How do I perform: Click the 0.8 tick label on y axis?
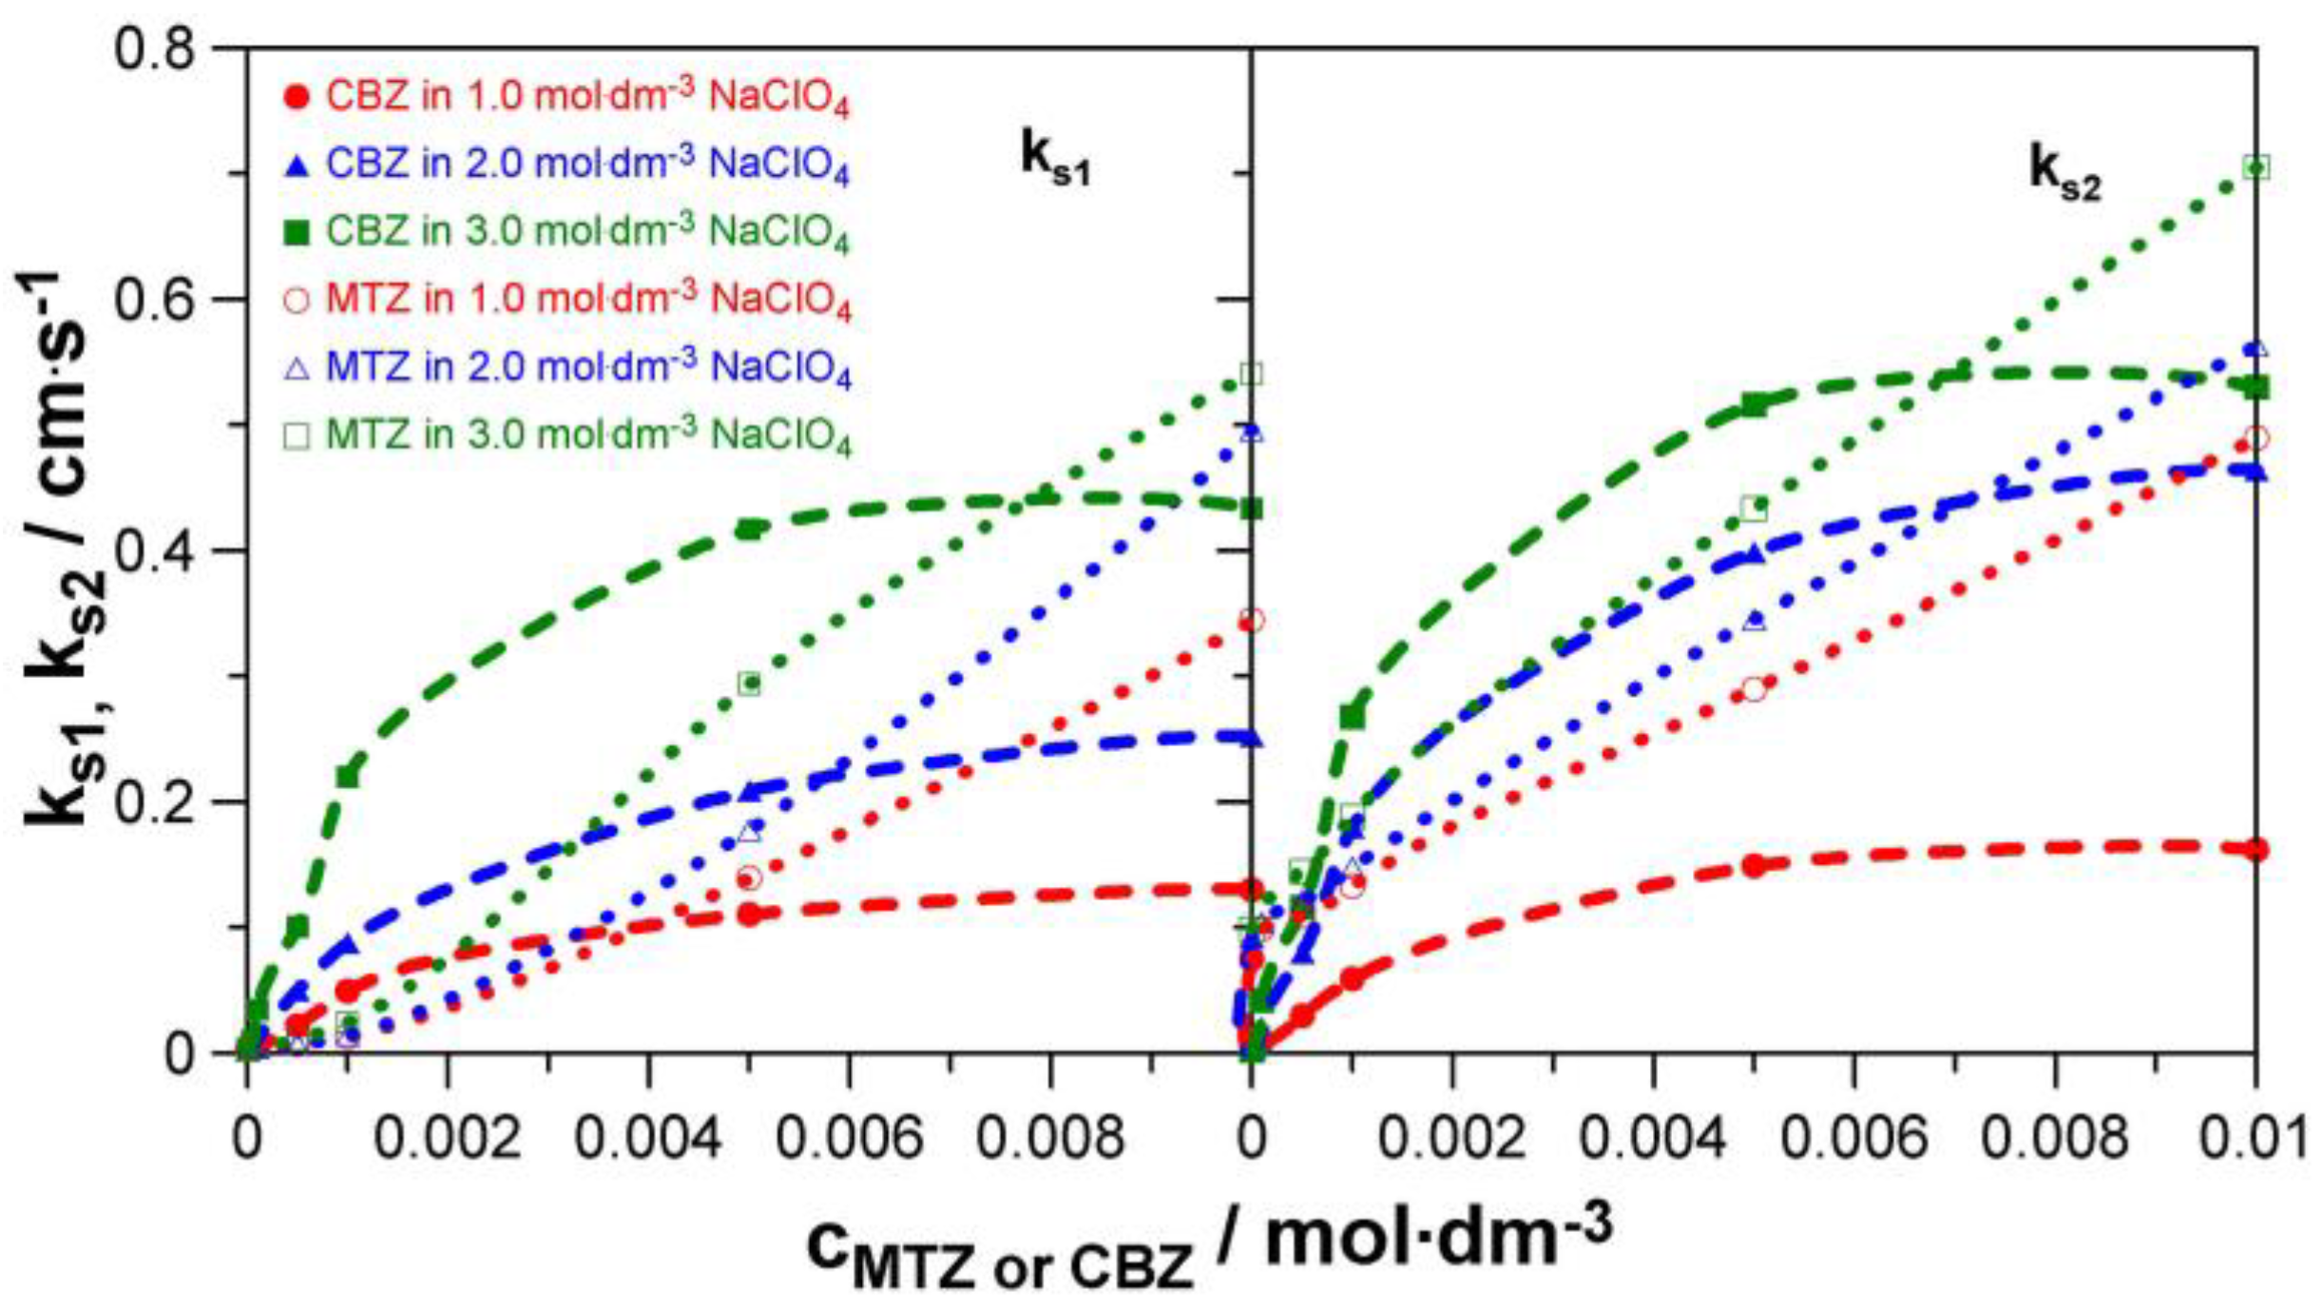(x=154, y=48)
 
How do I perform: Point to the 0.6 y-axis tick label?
(x=154, y=299)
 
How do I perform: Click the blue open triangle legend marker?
(x=297, y=368)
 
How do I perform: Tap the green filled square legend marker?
(x=297, y=232)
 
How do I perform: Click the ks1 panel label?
(x=1055, y=157)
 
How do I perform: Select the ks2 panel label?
(x=2065, y=173)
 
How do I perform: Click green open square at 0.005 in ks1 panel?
(x=749, y=683)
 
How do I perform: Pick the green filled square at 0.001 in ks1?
(x=348, y=776)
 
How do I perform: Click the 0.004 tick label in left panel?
(x=648, y=1137)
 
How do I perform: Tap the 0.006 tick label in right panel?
(x=1853, y=1137)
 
